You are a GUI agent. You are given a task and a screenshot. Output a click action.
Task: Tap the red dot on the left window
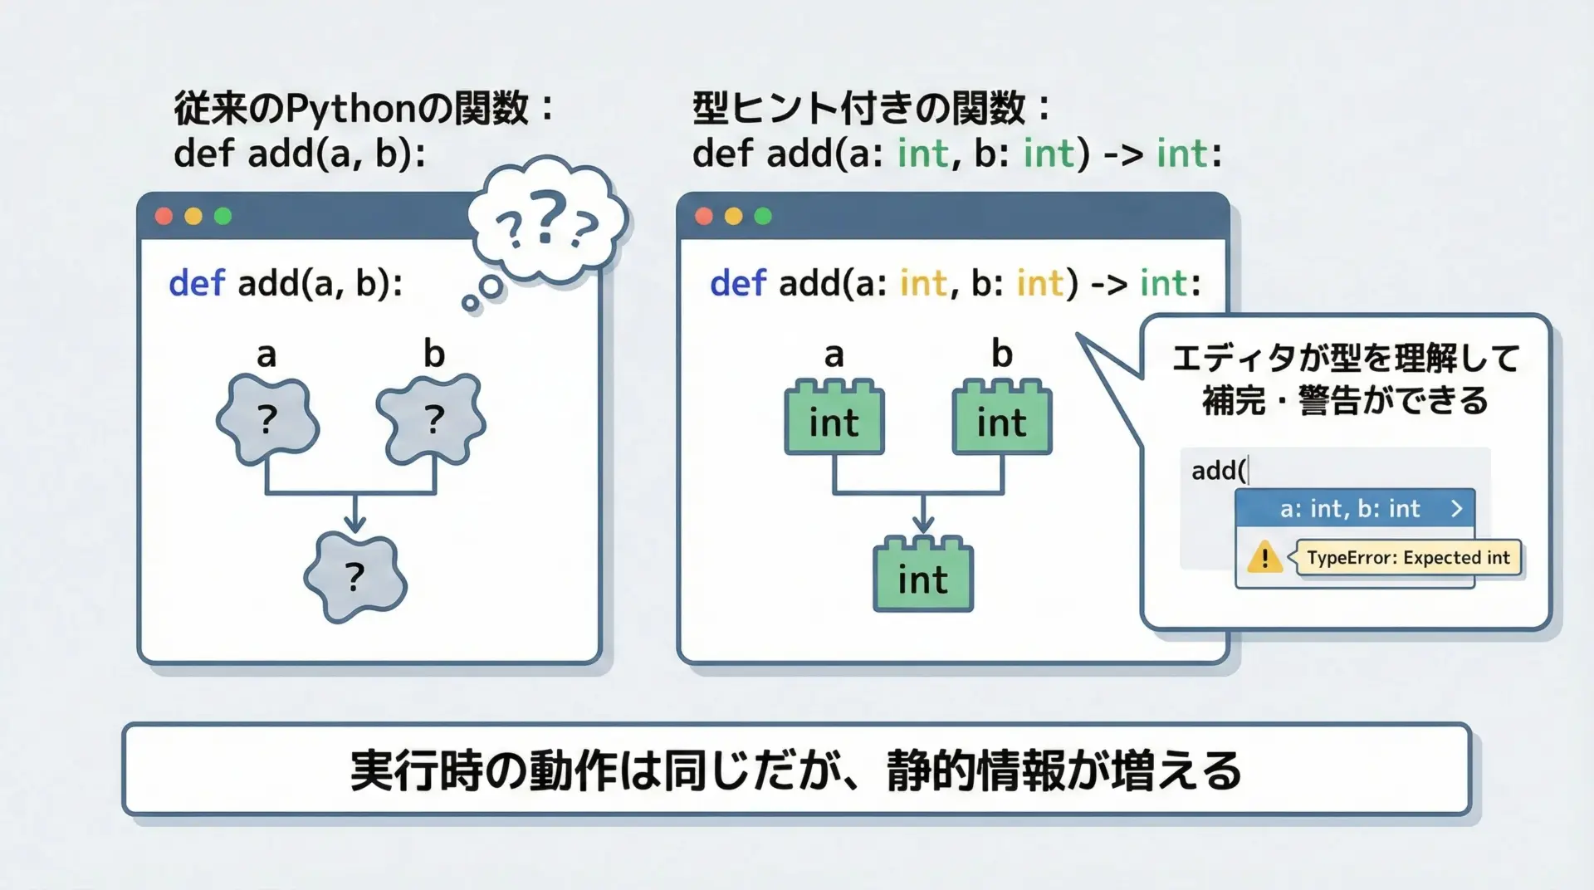click(164, 216)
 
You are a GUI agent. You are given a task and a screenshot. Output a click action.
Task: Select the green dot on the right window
click(763, 216)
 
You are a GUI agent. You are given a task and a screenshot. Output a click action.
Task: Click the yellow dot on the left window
click(193, 216)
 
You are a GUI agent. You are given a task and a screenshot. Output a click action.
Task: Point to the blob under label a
click(267, 419)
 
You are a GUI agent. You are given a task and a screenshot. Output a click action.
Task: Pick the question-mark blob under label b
click(432, 419)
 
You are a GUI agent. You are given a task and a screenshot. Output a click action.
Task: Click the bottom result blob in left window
click(355, 578)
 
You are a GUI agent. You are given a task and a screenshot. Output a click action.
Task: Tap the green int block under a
click(834, 418)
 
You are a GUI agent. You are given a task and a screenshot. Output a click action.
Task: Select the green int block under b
click(1002, 418)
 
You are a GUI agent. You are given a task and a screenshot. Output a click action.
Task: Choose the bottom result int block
click(923, 575)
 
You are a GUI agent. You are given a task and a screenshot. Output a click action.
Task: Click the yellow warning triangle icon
click(1264, 556)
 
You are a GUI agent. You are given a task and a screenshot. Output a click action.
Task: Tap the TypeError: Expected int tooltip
click(1408, 557)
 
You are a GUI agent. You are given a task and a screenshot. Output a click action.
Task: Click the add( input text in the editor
click(1219, 471)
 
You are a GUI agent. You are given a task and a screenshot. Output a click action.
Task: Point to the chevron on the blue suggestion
click(1456, 508)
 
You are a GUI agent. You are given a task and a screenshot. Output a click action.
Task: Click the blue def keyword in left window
click(197, 283)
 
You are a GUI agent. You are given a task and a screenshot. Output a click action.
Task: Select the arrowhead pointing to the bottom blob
click(355, 523)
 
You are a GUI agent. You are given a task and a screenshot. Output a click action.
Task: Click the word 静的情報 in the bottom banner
click(975, 770)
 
